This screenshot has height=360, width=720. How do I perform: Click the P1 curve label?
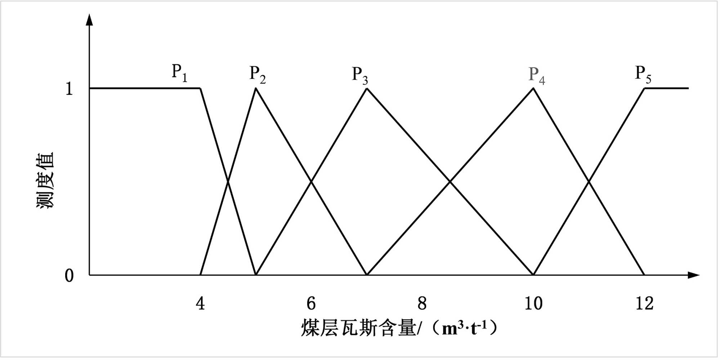pyautogui.click(x=179, y=73)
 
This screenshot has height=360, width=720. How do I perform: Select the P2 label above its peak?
pyautogui.click(x=258, y=75)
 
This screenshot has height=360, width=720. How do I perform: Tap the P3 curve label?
pyautogui.click(x=360, y=75)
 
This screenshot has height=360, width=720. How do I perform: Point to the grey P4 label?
pyautogui.click(x=537, y=75)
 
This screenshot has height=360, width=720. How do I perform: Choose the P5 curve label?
pyautogui.click(x=643, y=75)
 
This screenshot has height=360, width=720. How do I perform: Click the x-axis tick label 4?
pyautogui.click(x=200, y=303)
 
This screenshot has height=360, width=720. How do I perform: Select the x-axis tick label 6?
pyautogui.click(x=311, y=303)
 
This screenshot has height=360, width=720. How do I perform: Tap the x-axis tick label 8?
pyautogui.click(x=422, y=303)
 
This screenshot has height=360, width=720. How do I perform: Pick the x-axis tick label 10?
pyautogui.click(x=533, y=303)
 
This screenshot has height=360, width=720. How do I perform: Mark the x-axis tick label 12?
pyautogui.click(x=644, y=303)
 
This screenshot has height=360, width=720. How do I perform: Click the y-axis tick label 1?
pyautogui.click(x=69, y=89)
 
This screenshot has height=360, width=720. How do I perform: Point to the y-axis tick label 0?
pyautogui.click(x=69, y=276)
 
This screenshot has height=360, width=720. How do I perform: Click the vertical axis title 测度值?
pyautogui.click(x=45, y=180)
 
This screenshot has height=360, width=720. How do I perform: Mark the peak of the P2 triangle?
pyautogui.click(x=256, y=88)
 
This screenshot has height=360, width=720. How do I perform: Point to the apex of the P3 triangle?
pyautogui.click(x=367, y=88)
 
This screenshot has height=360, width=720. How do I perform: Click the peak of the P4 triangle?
pyautogui.click(x=533, y=88)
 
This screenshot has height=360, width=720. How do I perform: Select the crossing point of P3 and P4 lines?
pyautogui.click(x=450, y=182)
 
